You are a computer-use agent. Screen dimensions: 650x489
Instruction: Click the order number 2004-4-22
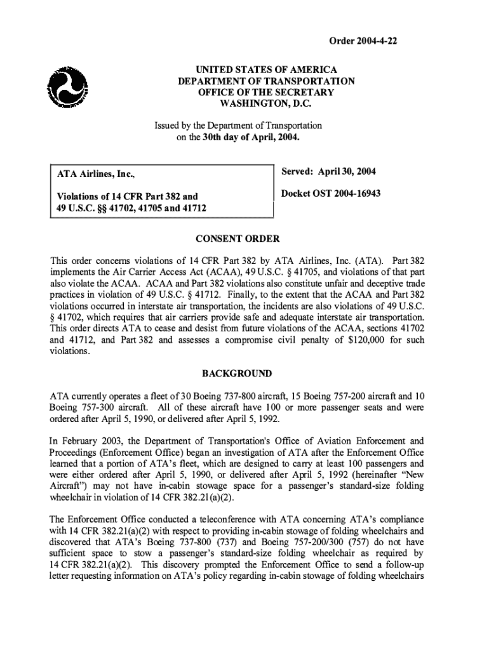(x=363, y=42)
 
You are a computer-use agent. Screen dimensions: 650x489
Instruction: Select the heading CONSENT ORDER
(x=238, y=239)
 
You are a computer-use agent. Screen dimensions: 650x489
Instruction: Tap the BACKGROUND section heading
(x=238, y=373)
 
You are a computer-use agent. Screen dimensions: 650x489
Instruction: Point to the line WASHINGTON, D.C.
(x=266, y=103)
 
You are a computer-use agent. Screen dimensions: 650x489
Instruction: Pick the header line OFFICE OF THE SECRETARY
(x=266, y=92)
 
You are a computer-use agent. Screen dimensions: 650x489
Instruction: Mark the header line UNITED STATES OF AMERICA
(x=266, y=69)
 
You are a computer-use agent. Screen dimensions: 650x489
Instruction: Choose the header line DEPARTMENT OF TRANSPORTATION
(x=266, y=81)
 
